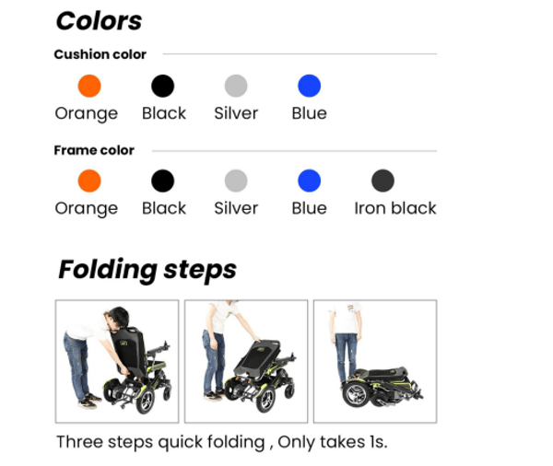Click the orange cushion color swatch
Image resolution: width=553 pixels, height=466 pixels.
(x=89, y=86)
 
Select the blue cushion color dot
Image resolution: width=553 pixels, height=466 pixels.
(x=310, y=86)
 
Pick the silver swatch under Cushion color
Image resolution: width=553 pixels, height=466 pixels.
(x=236, y=86)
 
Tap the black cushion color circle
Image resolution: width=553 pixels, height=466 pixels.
(x=162, y=86)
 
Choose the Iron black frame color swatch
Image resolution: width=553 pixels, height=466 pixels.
(x=382, y=181)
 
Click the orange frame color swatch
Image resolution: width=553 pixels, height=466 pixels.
(x=89, y=181)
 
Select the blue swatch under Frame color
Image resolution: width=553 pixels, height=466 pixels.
(x=310, y=181)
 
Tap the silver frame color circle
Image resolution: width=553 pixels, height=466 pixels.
(x=236, y=181)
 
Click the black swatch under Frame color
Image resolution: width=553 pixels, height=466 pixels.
(x=162, y=181)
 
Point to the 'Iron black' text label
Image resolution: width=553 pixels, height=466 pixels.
(x=395, y=208)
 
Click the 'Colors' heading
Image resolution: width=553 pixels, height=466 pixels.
(x=99, y=21)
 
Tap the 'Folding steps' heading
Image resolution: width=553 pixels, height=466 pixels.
(x=147, y=270)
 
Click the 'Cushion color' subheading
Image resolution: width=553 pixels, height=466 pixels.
(x=100, y=54)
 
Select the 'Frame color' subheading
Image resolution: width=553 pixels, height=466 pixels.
(x=94, y=150)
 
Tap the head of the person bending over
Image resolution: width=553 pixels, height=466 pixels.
(x=117, y=319)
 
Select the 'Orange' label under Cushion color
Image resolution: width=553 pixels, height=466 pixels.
(x=87, y=113)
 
